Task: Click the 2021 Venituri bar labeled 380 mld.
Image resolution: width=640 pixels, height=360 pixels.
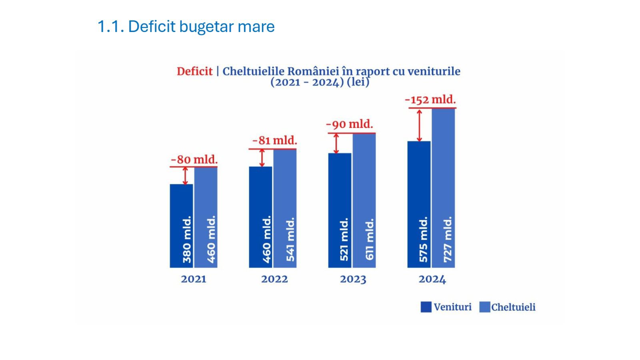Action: click(181, 226)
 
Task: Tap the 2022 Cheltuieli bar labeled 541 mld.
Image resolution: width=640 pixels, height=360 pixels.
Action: click(285, 208)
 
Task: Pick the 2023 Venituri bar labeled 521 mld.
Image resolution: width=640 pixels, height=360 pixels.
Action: click(340, 210)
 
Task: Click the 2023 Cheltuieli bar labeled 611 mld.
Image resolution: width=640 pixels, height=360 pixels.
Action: click(364, 200)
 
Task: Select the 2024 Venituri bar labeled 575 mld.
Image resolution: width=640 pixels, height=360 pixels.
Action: click(419, 204)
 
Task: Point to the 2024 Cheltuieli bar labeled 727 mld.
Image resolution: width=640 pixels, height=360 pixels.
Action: click(444, 188)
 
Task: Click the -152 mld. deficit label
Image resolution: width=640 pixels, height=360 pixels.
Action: click(430, 100)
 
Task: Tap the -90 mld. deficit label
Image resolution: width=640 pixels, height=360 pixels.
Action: click(350, 124)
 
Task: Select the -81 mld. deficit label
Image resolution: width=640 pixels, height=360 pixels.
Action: click(275, 141)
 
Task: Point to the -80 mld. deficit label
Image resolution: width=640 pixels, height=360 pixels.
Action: click(194, 160)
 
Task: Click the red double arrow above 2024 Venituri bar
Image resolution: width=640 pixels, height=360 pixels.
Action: click(419, 125)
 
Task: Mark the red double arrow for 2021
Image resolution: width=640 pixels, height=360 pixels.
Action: click(185, 176)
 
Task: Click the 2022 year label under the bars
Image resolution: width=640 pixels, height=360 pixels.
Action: click(274, 279)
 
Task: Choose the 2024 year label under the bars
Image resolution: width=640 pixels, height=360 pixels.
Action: click(432, 279)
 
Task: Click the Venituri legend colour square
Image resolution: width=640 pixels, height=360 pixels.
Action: click(426, 307)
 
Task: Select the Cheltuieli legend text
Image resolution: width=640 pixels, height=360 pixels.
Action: click(513, 307)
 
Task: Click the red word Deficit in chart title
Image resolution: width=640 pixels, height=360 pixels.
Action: click(194, 72)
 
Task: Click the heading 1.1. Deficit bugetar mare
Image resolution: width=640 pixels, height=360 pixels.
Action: click(186, 27)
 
